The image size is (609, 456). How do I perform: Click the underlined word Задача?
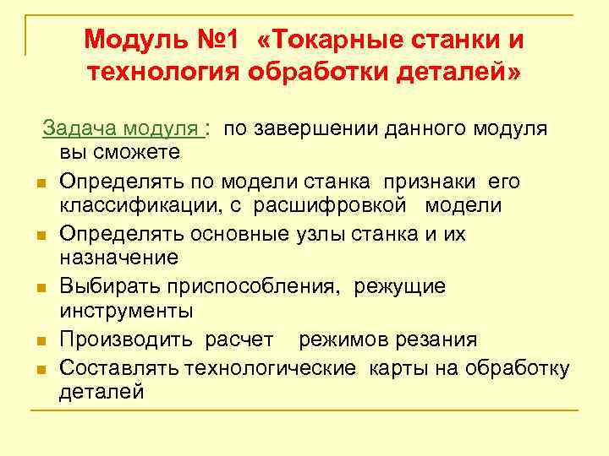(81, 128)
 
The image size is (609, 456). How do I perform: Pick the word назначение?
(118, 257)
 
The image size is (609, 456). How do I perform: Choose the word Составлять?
(118, 367)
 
